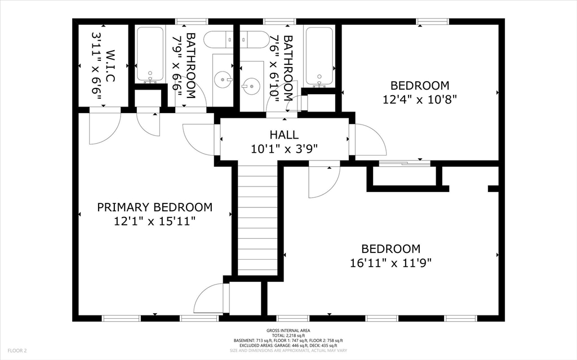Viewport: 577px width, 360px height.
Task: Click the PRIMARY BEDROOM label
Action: point(154,207)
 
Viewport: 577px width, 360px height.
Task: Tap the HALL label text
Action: point(284,135)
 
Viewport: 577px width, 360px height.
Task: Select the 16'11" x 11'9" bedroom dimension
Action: point(390,263)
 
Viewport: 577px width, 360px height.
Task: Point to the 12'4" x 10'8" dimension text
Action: point(419,99)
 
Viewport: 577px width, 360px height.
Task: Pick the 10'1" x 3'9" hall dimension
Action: point(284,149)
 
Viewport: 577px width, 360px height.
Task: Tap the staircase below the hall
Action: point(257,220)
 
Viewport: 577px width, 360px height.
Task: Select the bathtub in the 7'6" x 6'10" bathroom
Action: point(319,56)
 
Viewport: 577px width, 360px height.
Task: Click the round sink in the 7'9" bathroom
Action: point(223,79)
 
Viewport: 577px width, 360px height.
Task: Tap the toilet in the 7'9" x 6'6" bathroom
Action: point(219,39)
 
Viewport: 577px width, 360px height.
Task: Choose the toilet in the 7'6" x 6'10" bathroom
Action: point(254,39)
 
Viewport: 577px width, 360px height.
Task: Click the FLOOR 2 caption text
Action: point(17,351)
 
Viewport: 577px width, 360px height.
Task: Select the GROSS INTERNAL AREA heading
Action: point(288,331)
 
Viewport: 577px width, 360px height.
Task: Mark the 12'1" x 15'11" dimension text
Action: point(154,221)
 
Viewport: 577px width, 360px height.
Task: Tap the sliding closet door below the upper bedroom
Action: point(405,162)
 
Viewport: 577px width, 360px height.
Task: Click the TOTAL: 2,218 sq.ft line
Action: point(288,336)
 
